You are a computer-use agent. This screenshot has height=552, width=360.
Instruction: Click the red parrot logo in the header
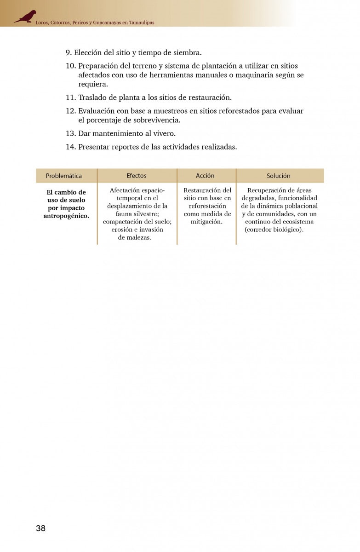click(25, 17)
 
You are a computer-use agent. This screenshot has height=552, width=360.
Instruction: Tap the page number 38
click(40, 528)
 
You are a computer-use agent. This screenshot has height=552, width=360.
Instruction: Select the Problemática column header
click(64, 176)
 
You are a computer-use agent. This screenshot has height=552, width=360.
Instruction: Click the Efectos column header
click(137, 176)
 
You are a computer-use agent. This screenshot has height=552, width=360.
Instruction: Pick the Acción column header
click(205, 176)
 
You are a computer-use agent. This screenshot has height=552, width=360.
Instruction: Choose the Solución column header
click(279, 176)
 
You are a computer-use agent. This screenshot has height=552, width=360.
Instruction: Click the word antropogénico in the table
click(66, 216)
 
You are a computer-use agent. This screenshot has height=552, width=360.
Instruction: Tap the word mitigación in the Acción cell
click(206, 222)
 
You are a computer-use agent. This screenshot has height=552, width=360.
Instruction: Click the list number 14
click(70, 147)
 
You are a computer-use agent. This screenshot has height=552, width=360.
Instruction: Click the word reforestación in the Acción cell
click(207, 206)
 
